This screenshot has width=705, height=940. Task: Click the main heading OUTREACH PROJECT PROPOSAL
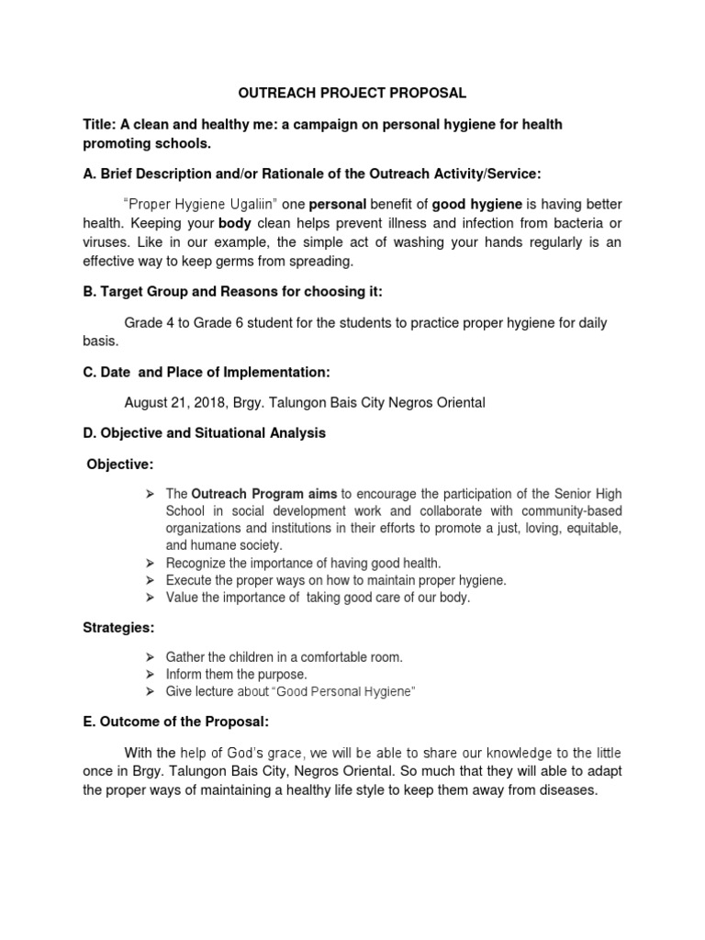pyautogui.click(x=352, y=93)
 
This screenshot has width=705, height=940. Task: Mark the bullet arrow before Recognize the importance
pyautogui.click(x=150, y=563)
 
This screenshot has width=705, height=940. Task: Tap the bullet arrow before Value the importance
pyautogui.click(x=150, y=598)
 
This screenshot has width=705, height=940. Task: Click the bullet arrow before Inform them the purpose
pyautogui.click(x=150, y=675)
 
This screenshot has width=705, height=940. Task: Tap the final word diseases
pyautogui.click(x=565, y=789)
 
